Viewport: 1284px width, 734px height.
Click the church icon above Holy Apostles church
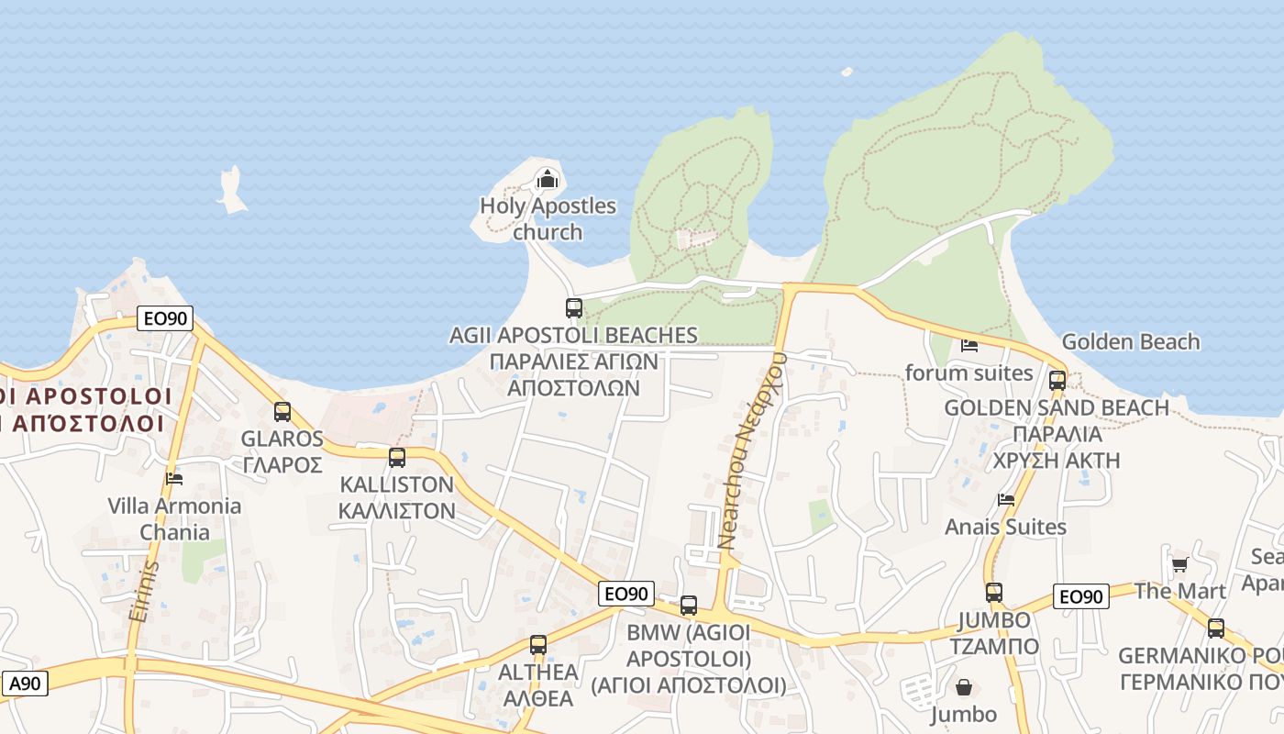click(x=548, y=178)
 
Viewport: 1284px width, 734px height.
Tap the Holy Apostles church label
click(x=548, y=218)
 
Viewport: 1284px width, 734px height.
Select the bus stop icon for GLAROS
click(x=282, y=412)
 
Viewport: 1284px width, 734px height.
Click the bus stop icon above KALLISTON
click(x=397, y=457)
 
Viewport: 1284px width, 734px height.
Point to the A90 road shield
click(x=25, y=684)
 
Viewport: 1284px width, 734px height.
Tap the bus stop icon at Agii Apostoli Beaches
click(x=574, y=308)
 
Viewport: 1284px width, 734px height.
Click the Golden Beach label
click(x=1130, y=342)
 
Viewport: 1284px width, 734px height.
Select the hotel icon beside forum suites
click(x=969, y=346)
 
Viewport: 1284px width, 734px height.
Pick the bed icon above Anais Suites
click(x=1006, y=500)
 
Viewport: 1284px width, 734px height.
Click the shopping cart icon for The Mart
click(x=1179, y=564)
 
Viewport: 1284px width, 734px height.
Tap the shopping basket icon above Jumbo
click(x=964, y=686)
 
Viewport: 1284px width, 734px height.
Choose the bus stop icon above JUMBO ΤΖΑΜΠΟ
click(x=994, y=593)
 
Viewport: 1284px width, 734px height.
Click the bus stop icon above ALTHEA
click(x=538, y=645)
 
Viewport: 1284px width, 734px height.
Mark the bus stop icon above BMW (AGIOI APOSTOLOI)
click(x=689, y=606)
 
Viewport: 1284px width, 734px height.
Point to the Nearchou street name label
click(x=752, y=450)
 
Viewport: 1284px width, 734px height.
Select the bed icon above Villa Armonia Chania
click(x=174, y=478)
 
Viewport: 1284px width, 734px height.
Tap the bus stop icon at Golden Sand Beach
click(x=1057, y=380)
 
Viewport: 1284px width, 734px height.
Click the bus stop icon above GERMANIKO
click(x=1216, y=628)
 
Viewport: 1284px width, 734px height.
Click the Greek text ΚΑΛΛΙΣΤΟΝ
click(x=397, y=510)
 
